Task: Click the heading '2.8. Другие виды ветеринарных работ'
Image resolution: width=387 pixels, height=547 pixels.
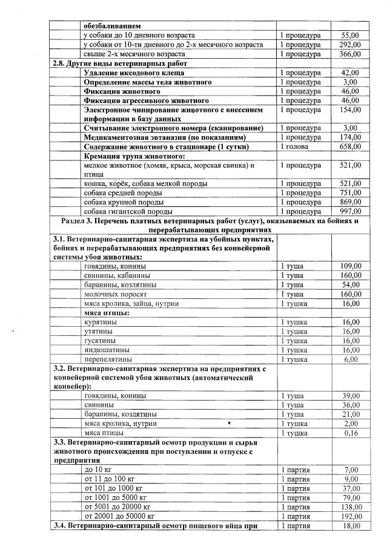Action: (x=119, y=64)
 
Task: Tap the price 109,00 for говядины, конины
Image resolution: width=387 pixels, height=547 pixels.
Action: (x=351, y=266)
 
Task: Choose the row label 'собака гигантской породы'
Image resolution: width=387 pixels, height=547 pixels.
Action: (x=128, y=211)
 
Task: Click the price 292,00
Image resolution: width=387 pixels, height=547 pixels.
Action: (x=350, y=45)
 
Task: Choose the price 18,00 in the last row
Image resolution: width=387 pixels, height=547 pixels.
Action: (x=351, y=525)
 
